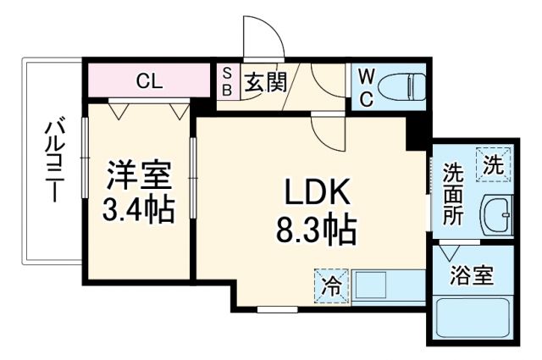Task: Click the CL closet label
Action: [150, 82]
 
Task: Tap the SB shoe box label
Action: [226, 82]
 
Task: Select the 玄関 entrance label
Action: [266, 82]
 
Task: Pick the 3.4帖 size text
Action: [140, 209]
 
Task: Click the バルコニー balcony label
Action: [51, 162]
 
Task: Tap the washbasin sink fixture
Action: [495, 216]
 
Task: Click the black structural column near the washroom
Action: [416, 133]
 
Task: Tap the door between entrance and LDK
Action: [326, 130]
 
